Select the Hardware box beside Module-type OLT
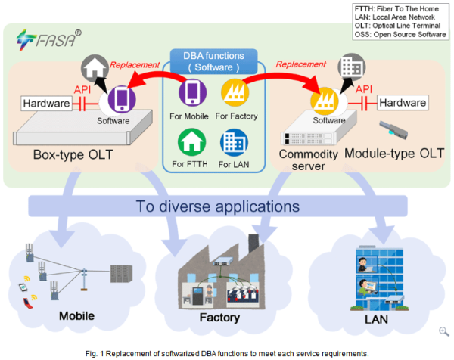(403, 102)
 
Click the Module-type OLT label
(394, 154)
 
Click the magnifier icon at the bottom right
(444, 331)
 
